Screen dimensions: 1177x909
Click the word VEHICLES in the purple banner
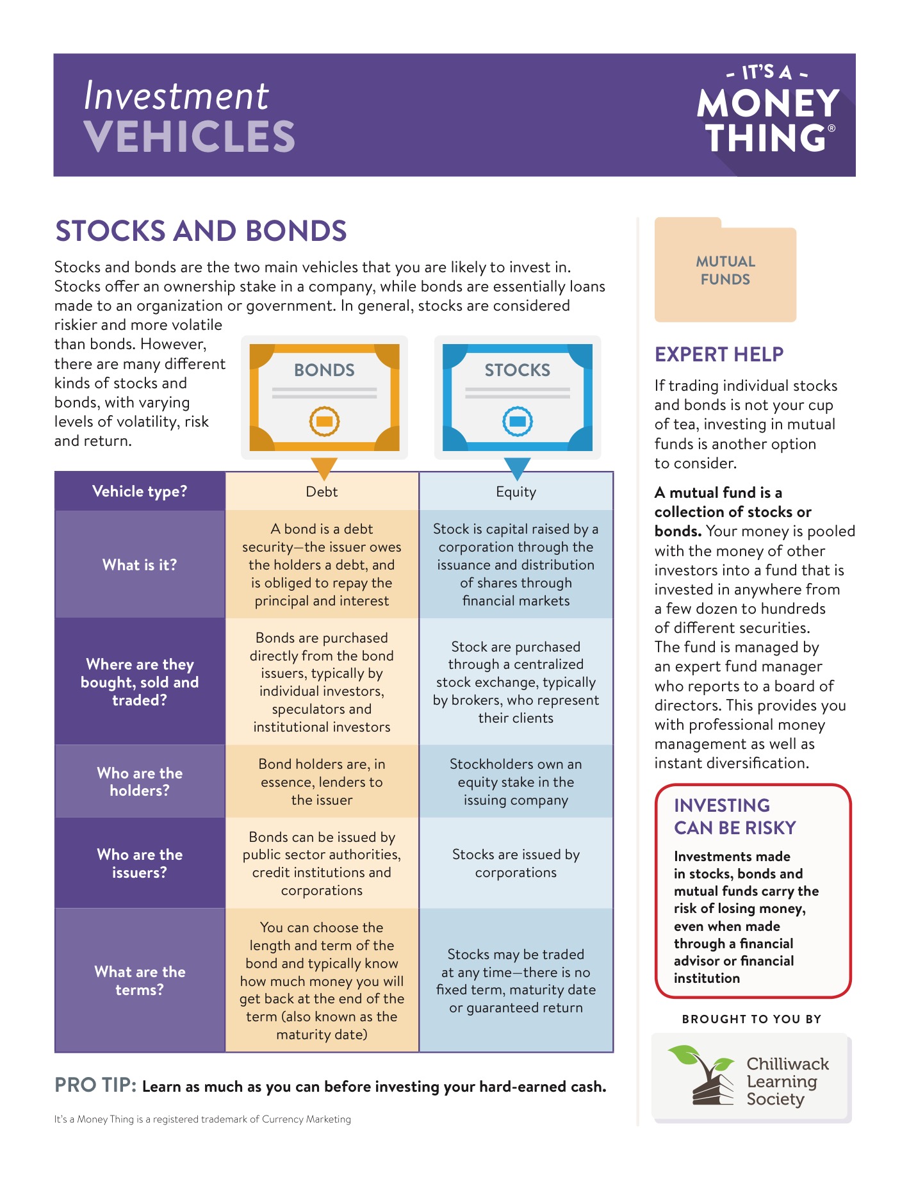189,136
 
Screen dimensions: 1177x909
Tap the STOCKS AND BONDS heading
201,231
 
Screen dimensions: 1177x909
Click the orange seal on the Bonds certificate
324,421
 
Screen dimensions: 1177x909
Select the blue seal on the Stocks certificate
518,421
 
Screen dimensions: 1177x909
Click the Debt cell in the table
322,491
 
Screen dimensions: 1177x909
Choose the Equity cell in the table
516,491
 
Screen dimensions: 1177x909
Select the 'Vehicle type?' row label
140,491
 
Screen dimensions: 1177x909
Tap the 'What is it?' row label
140,564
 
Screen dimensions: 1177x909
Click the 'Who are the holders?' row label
140,782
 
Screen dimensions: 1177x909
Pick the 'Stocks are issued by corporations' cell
516,863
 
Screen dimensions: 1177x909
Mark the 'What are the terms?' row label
140,980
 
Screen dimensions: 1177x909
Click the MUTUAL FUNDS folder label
725,270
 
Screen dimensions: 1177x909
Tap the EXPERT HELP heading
719,354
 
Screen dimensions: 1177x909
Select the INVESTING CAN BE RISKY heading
734,816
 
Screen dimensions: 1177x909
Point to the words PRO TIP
95,1085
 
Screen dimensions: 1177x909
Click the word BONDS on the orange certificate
324,370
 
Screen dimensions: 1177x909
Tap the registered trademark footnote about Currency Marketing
202,1119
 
